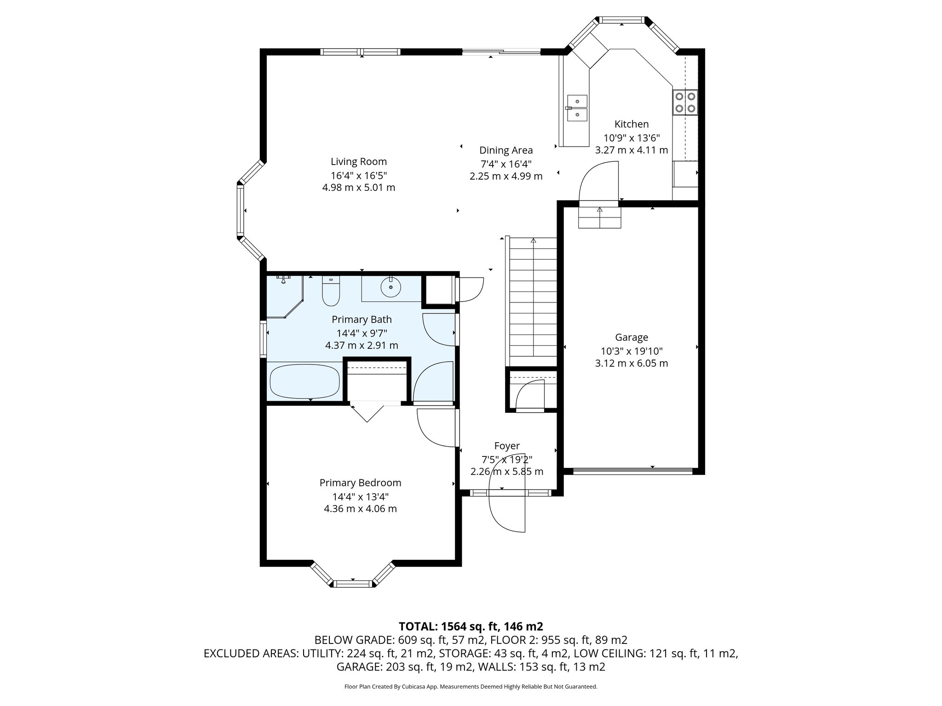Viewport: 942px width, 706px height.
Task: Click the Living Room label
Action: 358,162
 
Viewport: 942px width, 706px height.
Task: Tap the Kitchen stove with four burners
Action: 685,102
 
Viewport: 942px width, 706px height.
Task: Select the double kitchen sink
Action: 577,108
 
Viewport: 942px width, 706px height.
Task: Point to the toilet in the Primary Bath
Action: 330,292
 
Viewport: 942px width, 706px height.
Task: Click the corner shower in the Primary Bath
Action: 283,296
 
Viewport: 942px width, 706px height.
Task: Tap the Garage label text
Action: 631,337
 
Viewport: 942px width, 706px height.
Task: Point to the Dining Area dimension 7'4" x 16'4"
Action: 506,163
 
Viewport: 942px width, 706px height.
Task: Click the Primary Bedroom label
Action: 360,483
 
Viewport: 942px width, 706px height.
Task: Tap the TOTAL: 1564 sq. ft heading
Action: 471,626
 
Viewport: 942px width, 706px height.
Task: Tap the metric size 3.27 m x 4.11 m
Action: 631,150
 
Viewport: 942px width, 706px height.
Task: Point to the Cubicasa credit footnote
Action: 471,687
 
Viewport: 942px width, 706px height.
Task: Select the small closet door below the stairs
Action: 530,395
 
